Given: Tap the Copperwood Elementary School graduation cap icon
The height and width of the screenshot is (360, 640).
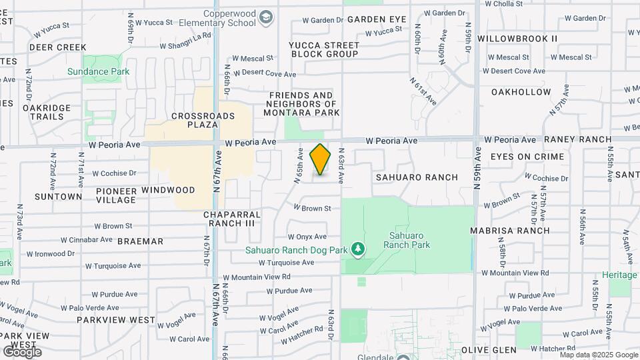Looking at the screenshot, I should click(x=267, y=17).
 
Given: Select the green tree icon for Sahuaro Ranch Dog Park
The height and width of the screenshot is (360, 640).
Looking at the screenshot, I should click(x=359, y=249).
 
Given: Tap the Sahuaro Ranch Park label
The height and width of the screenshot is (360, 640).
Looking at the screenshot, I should click(x=407, y=240).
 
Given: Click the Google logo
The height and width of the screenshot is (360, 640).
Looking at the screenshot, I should click(x=22, y=351).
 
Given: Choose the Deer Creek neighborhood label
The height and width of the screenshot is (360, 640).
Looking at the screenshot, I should click(x=58, y=47).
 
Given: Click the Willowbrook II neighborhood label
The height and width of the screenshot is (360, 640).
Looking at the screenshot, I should click(x=518, y=39).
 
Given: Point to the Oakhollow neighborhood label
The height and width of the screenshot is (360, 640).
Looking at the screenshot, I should click(x=521, y=92).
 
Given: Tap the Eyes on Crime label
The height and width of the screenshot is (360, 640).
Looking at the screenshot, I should click(x=527, y=157).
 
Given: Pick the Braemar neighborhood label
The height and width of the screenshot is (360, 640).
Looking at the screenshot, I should click(x=139, y=241).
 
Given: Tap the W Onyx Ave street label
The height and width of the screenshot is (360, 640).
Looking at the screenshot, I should click(x=307, y=236).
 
